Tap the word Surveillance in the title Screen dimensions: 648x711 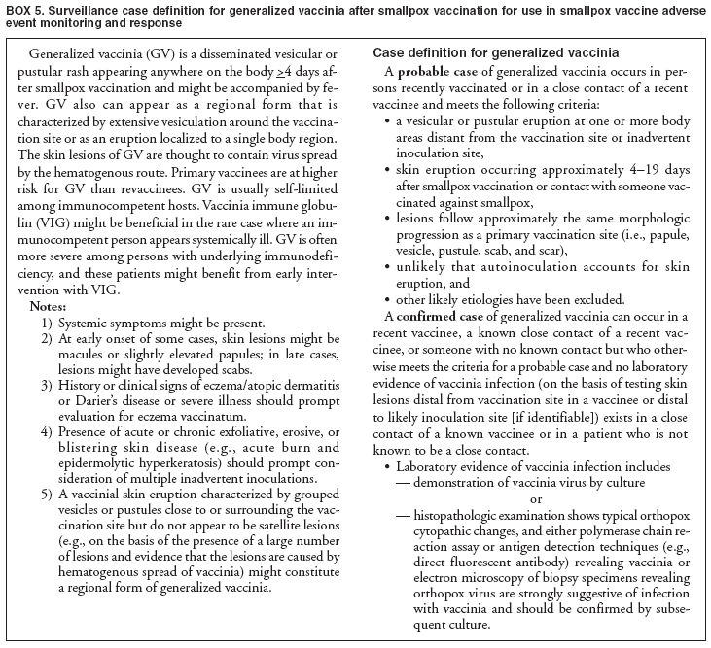tap(89, 10)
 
